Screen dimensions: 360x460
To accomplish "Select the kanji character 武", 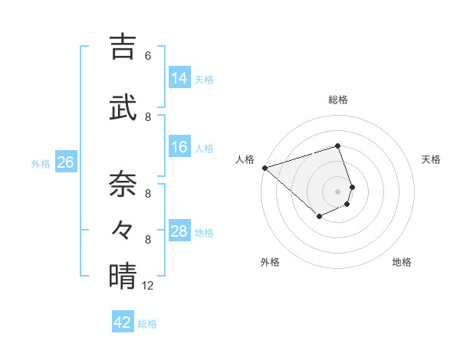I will [x=123, y=106].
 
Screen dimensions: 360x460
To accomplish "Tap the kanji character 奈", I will [x=123, y=183].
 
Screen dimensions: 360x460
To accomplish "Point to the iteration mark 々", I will [x=123, y=229].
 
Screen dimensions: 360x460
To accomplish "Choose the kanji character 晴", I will [x=123, y=275].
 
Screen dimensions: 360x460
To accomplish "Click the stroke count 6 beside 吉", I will [x=148, y=56].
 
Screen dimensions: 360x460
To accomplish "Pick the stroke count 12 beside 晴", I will [x=148, y=286].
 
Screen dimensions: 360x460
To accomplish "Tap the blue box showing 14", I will [x=179, y=77].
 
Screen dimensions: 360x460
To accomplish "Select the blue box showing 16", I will [x=179, y=147].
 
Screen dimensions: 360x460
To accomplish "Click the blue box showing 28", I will [x=179, y=231].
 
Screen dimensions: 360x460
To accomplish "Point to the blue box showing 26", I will [x=65, y=162].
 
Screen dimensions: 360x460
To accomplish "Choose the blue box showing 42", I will [x=122, y=322].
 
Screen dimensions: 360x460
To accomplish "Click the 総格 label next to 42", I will [x=147, y=324].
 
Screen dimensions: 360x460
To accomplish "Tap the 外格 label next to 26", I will [x=41, y=164].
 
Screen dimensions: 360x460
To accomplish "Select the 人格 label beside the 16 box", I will [x=204, y=149].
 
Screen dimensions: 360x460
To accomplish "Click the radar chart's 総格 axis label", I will [x=337, y=100].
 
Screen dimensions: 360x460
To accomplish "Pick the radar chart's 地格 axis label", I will [x=402, y=262].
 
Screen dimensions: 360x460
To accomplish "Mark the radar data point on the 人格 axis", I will [x=264, y=167].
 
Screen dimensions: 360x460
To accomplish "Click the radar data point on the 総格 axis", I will [x=337, y=146].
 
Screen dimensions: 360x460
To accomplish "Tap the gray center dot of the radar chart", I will [x=337, y=191].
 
